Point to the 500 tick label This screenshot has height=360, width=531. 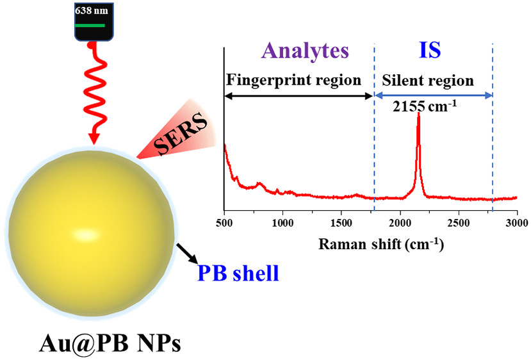pyautogui.click(x=224, y=222)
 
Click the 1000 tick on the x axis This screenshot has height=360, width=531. pyautogui.click(x=282, y=222)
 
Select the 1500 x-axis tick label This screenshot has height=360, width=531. pyautogui.click(x=341, y=222)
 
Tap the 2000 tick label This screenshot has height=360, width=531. pyautogui.click(x=400, y=222)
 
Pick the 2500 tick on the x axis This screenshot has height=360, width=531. pyautogui.click(x=459, y=222)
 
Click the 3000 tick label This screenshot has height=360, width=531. pyautogui.click(x=516, y=222)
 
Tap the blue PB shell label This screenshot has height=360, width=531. pyautogui.click(x=238, y=274)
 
